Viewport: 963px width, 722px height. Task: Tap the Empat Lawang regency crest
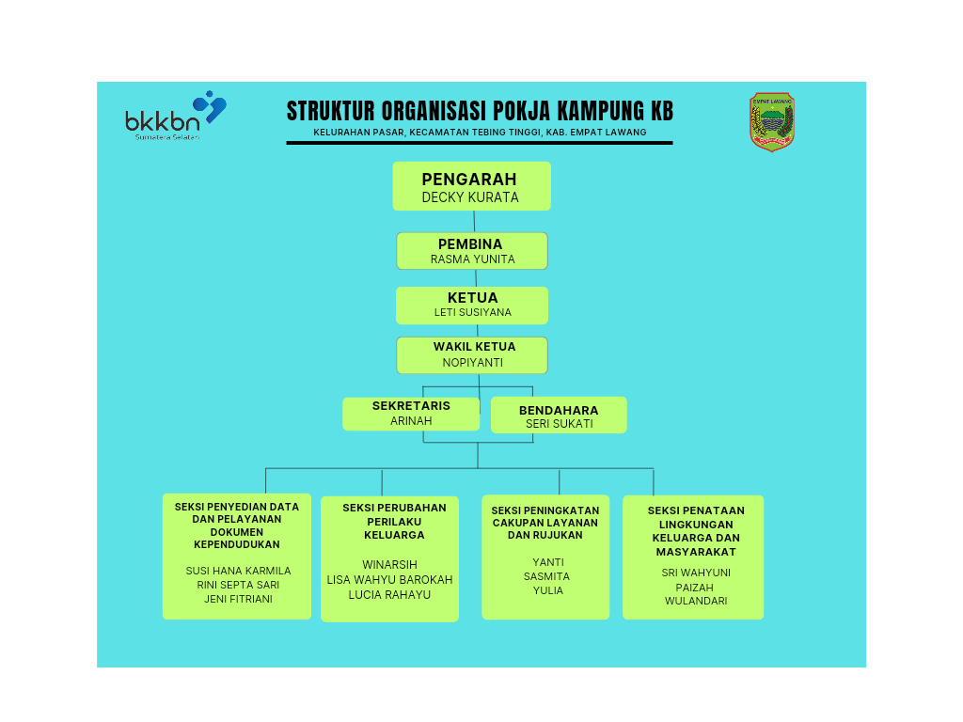coord(772,121)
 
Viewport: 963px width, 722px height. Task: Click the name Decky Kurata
coord(470,198)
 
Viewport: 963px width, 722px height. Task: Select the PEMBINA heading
coord(470,244)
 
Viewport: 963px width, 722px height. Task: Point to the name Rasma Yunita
coord(472,259)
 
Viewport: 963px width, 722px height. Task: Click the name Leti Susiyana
coord(472,312)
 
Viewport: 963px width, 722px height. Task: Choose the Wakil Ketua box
coord(472,354)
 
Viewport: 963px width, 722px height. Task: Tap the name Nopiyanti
coord(472,362)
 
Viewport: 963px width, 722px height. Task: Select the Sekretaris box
coord(411,414)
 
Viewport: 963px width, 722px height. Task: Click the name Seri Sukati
coord(559,424)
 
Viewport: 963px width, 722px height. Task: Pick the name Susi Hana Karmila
coord(238,571)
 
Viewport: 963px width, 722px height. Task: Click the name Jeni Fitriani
coord(238,599)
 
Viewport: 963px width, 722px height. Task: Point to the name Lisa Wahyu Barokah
coord(389,579)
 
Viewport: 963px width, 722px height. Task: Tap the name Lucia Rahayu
coord(389,594)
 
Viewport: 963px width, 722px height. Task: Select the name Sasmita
coord(546,576)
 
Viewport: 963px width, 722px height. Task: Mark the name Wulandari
coord(696,601)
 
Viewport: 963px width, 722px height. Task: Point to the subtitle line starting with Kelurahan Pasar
coord(480,133)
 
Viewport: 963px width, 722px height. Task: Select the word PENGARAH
coord(469,180)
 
